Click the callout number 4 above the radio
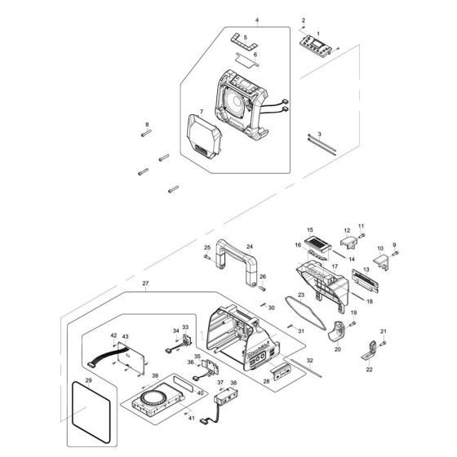[x=234, y=20]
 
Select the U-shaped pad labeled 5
[x=238, y=40]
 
